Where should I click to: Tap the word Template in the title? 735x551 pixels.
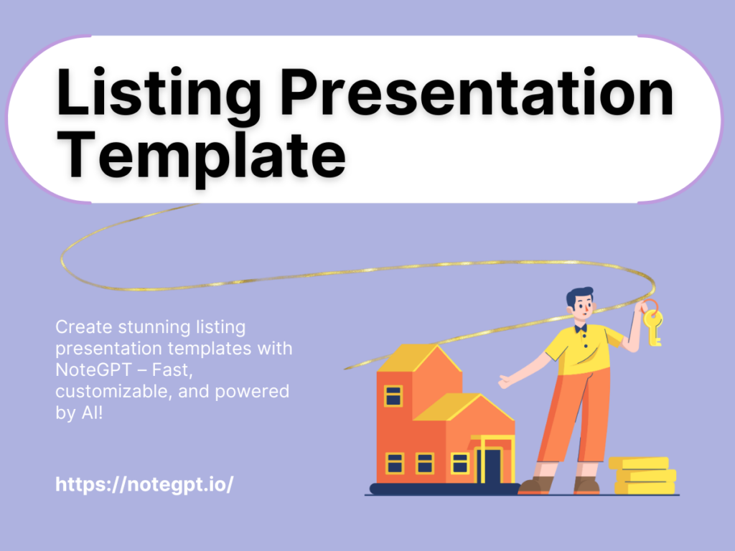tap(201, 156)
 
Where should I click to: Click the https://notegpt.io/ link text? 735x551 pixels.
tap(144, 484)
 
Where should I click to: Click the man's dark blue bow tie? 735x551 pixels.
tap(579, 327)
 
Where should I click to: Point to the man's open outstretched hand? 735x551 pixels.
tap(506, 380)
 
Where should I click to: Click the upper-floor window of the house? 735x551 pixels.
tap(393, 395)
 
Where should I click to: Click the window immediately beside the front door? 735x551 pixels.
tap(459, 463)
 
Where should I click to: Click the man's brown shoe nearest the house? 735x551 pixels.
tap(532, 486)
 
